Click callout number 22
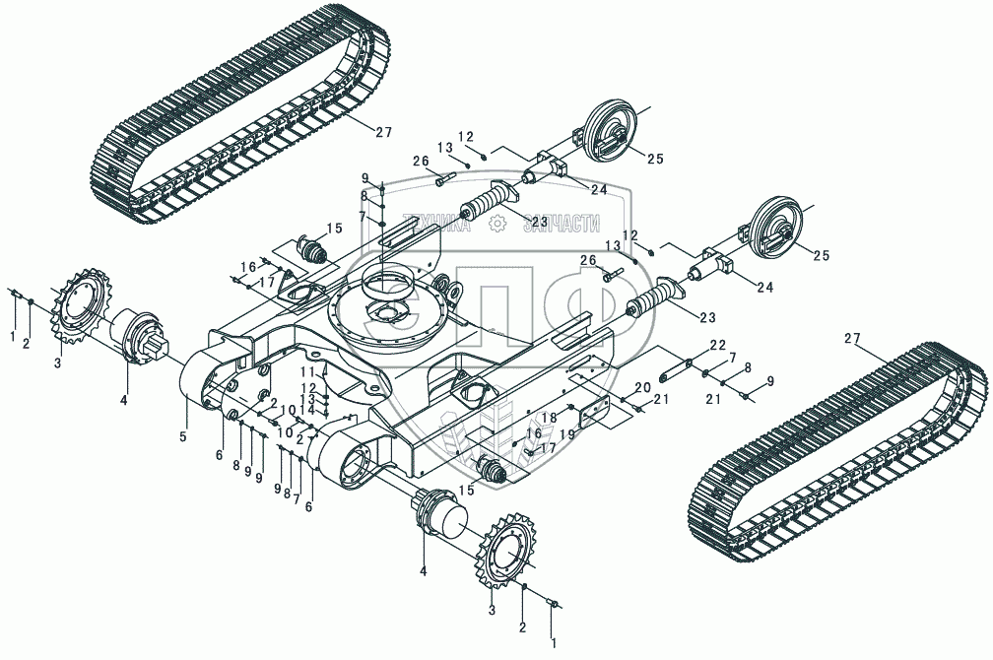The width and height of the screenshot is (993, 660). click(x=717, y=345)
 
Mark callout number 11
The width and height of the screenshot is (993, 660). click(x=307, y=372)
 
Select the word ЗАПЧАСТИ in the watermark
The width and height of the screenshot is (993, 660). click(x=563, y=224)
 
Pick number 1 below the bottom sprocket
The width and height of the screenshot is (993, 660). click(x=553, y=643)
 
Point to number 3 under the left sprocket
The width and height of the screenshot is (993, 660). click(x=57, y=363)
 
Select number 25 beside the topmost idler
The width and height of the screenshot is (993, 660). click(x=655, y=159)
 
